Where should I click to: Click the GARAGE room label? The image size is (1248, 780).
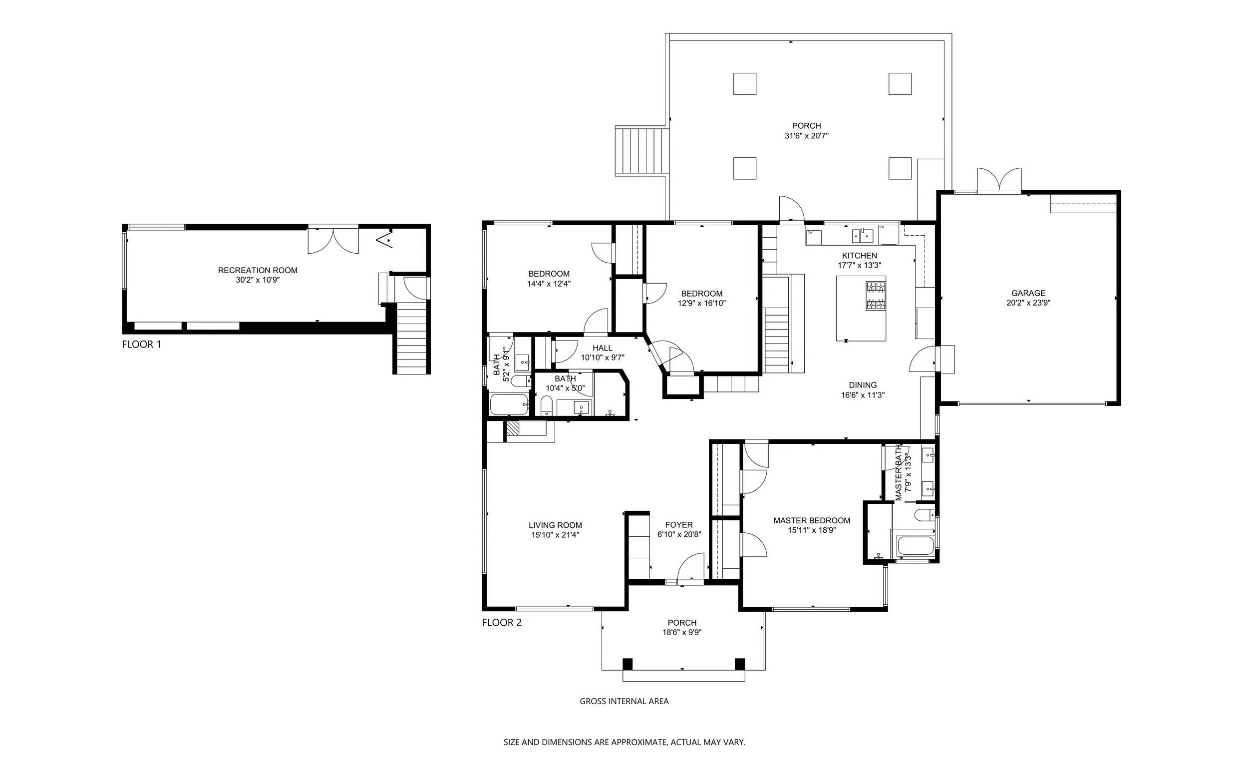click(x=1028, y=293)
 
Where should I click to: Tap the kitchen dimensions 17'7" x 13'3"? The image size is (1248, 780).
click(x=859, y=265)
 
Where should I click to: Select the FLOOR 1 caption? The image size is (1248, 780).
click(x=141, y=344)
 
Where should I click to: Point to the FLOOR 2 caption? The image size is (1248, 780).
click(x=502, y=623)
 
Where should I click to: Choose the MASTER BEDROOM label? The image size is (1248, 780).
click(x=812, y=520)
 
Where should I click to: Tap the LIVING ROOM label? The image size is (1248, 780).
click(x=555, y=525)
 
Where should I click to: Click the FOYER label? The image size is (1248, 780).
click(x=679, y=525)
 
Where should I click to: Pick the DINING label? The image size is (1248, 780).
click(x=863, y=385)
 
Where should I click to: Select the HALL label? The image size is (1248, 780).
click(x=603, y=348)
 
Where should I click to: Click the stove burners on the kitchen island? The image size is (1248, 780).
click(x=876, y=296)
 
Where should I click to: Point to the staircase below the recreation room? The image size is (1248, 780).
click(x=411, y=338)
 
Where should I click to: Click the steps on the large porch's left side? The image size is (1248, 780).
click(x=641, y=152)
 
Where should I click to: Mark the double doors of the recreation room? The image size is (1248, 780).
click(x=333, y=240)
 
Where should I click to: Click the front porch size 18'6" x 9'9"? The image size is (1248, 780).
click(x=682, y=633)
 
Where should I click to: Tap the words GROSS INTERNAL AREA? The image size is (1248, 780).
click(x=624, y=701)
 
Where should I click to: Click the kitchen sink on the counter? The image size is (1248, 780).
click(x=862, y=235)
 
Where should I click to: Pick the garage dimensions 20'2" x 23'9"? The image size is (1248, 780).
click(x=1028, y=303)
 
